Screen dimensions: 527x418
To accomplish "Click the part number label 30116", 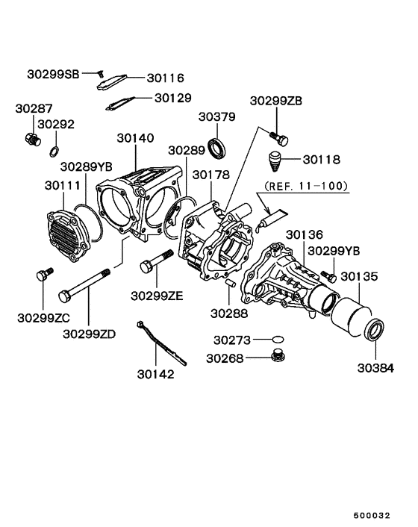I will pos(165,78).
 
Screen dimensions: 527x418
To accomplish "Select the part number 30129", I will pos(173,98).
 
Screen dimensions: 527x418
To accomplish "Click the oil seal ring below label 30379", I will pos(218,148).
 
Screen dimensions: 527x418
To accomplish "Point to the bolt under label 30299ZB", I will pos(280,137).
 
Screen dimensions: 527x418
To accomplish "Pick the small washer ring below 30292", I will pos(54,152).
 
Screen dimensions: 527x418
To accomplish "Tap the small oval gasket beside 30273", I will pos(278,340).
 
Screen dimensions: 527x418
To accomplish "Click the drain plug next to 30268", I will pos(278,356).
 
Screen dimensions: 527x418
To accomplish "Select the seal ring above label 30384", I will pos(374,329).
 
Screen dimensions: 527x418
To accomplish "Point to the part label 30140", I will pos(136,138).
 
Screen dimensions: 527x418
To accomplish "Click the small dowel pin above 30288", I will pos(231,282).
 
